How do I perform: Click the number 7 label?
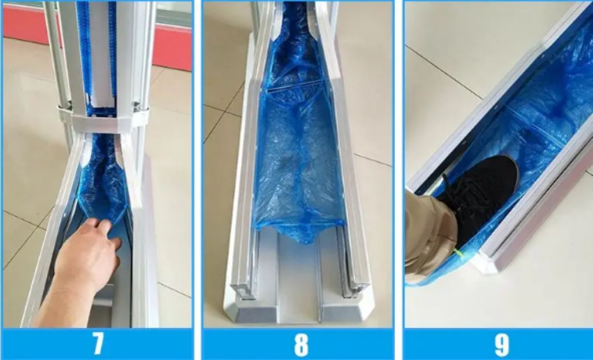point(98,344)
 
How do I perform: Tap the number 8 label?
point(301,344)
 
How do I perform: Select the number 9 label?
point(502,344)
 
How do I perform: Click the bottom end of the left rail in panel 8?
point(242,289)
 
